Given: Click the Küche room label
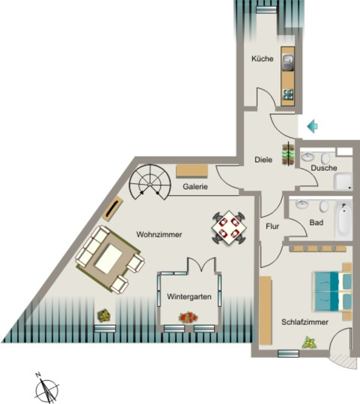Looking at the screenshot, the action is pos(262,59).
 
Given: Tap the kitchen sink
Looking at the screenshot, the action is pos(288,63).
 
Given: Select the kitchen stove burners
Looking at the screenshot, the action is pos(288,94).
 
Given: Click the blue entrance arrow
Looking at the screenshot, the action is pos(312,126).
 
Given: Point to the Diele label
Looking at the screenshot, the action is pos(263,159).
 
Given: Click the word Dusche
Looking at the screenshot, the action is pos(324,168).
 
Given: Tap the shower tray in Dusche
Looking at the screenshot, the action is pos(343,181).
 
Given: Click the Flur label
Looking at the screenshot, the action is pos(272,226).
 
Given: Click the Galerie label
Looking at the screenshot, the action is pos(195,186).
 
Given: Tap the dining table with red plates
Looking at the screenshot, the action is pos(229,228).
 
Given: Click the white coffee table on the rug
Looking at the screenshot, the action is pos(109,259).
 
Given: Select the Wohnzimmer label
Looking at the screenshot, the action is pos(159,234).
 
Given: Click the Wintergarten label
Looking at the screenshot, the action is pos(189,297).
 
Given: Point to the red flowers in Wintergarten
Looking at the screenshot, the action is pos(189,317).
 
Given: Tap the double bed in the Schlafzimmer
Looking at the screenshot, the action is pos(332,291).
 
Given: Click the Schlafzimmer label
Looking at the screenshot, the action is pos(305,322).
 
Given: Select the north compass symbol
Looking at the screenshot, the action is pos(46,389).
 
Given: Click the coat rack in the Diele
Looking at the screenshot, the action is pos(288,154).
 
